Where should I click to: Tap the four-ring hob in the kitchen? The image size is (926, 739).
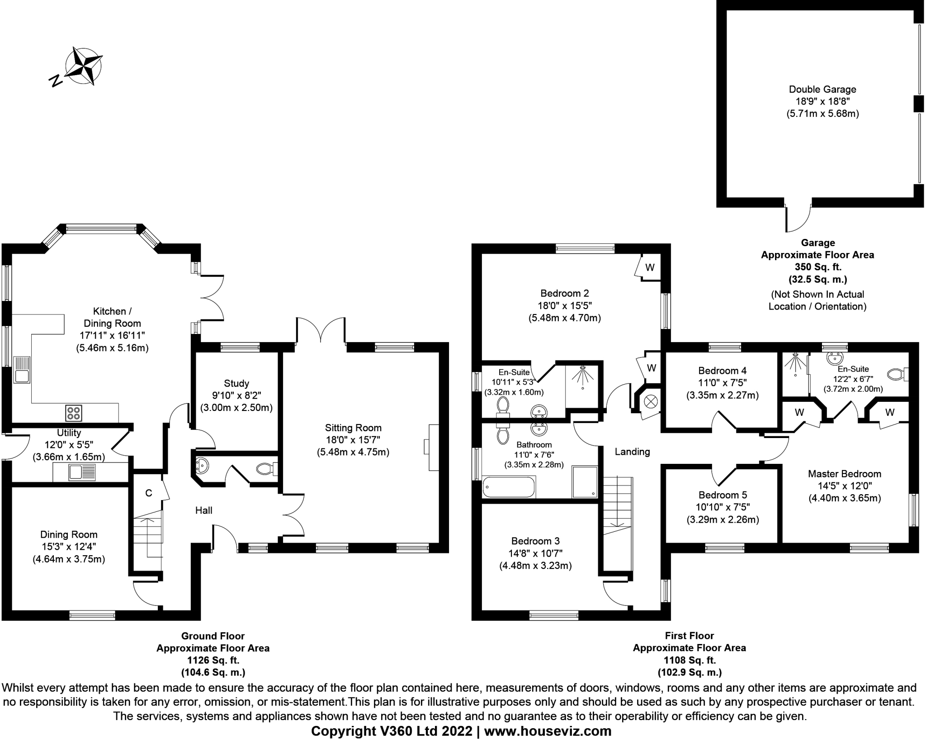point(74,412)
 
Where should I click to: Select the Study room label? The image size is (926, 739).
point(236,383)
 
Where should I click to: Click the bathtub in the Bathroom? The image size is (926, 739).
point(509,487)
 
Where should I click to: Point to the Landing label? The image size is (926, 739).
point(632,451)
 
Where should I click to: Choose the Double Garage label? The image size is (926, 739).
point(822,90)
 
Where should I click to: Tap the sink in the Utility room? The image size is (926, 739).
point(82,472)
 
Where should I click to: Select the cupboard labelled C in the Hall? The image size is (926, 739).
point(148,493)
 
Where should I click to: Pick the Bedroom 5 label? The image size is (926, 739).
point(723,495)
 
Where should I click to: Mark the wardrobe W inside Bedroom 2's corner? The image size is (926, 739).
point(649,267)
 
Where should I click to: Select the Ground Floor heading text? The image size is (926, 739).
point(213,636)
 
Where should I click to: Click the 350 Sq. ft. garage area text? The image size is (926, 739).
point(817,267)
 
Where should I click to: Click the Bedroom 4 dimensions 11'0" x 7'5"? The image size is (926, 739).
point(722,383)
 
